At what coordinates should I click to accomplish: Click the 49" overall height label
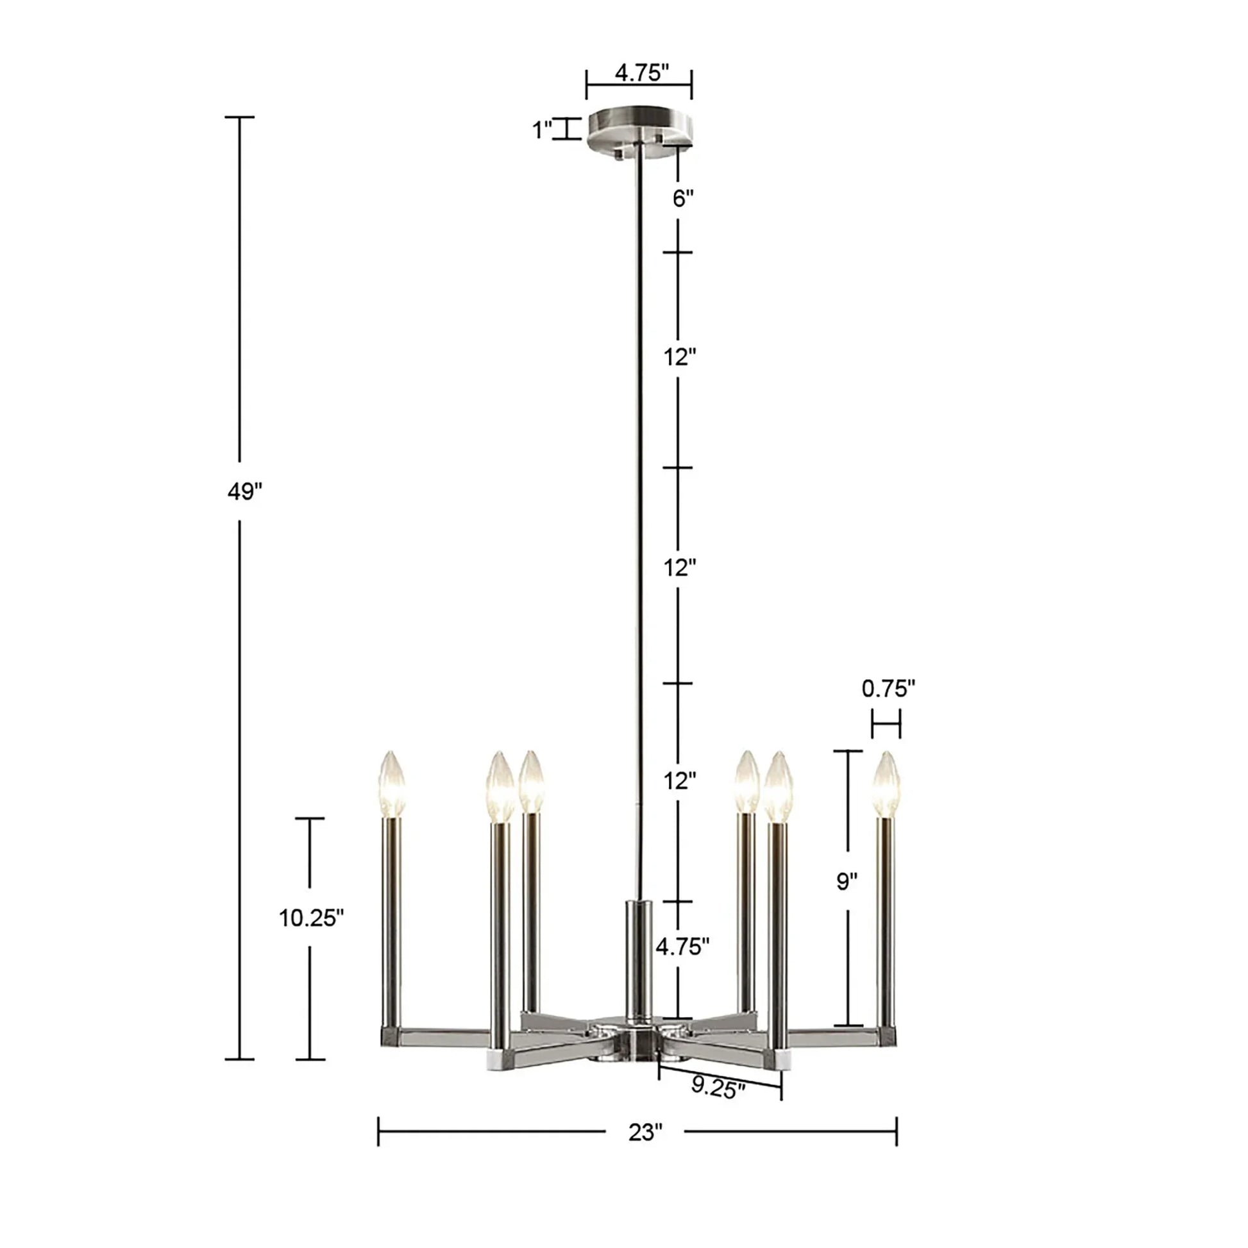(245, 492)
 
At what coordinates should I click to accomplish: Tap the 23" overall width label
(645, 1133)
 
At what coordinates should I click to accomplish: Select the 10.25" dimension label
(310, 918)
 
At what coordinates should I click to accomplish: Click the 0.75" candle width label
(888, 689)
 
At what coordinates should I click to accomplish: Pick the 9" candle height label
(847, 881)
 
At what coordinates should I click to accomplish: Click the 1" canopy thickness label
(543, 130)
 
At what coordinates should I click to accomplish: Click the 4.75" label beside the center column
(682, 947)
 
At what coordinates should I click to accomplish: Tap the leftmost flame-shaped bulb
(391, 784)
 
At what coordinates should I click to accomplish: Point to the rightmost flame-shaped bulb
(886, 784)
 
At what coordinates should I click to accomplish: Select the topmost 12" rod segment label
(680, 357)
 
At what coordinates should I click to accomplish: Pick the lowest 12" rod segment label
(680, 781)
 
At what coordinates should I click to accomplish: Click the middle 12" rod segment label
(680, 568)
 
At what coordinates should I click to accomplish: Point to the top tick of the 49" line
(240, 117)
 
